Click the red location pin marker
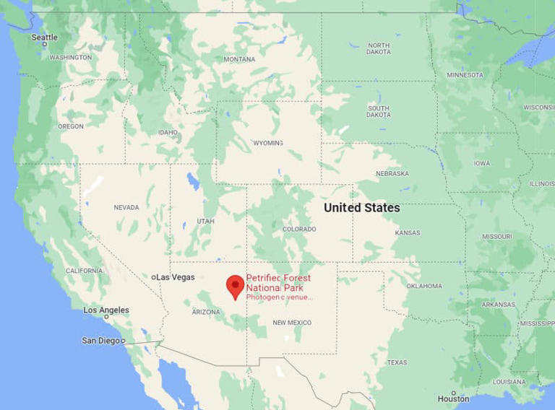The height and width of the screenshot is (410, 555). tap(235, 286)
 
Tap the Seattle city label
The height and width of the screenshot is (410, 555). tap(44, 38)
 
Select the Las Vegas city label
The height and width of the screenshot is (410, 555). tap(175, 277)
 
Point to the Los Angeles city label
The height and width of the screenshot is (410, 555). tap(106, 310)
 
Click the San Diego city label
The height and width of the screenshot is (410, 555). tap(100, 340)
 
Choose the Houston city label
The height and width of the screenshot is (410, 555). tap(453, 398)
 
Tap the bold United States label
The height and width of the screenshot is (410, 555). tap(361, 208)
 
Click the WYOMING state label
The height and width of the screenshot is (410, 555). tap(267, 143)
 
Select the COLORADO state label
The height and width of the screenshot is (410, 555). tap(299, 230)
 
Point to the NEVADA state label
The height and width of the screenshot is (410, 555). tap(126, 208)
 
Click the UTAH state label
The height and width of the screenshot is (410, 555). tap(205, 221)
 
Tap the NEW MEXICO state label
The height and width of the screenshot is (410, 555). tap(292, 323)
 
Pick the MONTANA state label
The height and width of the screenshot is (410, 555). tap(239, 59)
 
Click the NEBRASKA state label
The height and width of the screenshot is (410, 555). tap(392, 174)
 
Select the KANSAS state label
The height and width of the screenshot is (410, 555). tap(408, 233)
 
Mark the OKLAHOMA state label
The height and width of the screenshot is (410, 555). tap(423, 286)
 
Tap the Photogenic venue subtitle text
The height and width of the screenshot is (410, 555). tap(278, 297)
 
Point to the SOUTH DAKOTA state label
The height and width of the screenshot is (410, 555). tap(378, 112)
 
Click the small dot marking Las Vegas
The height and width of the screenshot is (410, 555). tap(154, 277)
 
